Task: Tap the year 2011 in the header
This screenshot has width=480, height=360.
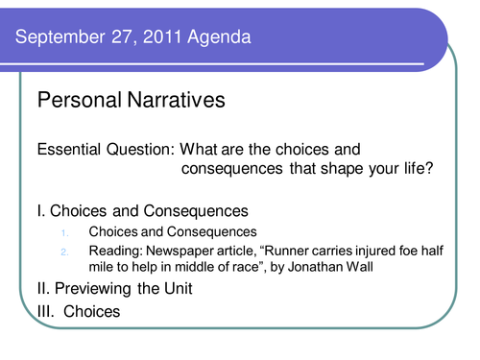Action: click(145, 39)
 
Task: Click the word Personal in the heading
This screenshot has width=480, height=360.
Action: click(77, 99)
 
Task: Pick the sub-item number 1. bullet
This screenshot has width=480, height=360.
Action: click(65, 232)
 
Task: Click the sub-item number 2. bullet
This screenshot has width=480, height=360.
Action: click(65, 252)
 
